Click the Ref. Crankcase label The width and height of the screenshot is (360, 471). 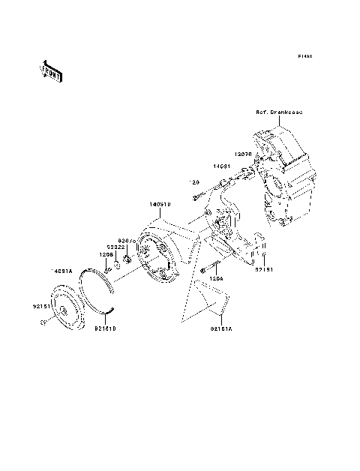278,112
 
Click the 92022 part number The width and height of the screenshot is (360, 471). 114,246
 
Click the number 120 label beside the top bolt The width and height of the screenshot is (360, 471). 193,182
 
